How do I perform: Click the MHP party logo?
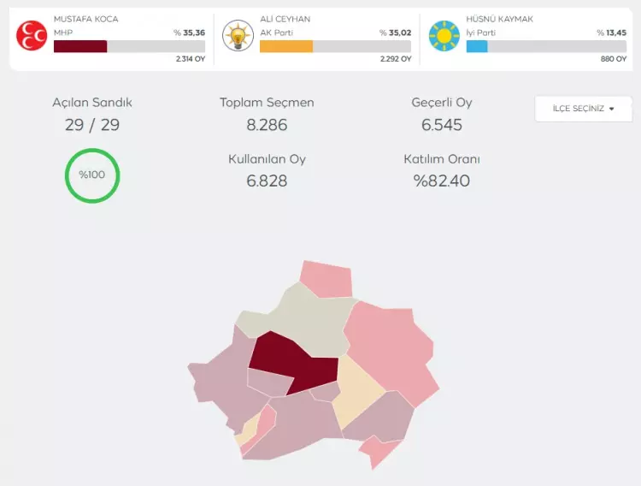pyautogui.click(x=32, y=36)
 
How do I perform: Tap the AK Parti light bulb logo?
pyautogui.click(x=237, y=36)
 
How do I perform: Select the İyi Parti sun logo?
pyautogui.click(x=444, y=36)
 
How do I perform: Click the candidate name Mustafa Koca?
pyautogui.click(x=85, y=19)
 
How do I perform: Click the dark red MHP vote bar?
pyautogui.click(x=80, y=46)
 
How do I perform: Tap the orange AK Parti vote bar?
pyautogui.click(x=286, y=46)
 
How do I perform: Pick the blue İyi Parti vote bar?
pyautogui.click(x=477, y=46)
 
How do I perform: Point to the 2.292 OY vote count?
pyautogui.click(x=396, y=60)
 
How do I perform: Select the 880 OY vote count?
pyautogui.click(x=614, y=60)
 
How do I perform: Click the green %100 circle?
pyautogui.click(x=92, y=175)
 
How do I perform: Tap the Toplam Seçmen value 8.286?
pyautogui.click(x=267, y=125)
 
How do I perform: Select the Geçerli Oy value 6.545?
pyautogui.click(x=442, y=125)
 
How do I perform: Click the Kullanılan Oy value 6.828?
pyautogui.click(x=267, y=181)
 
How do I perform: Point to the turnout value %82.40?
pyautogui.click(x=442, y=181)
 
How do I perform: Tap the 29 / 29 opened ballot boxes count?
pyautogui.click(x=92, y=125)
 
